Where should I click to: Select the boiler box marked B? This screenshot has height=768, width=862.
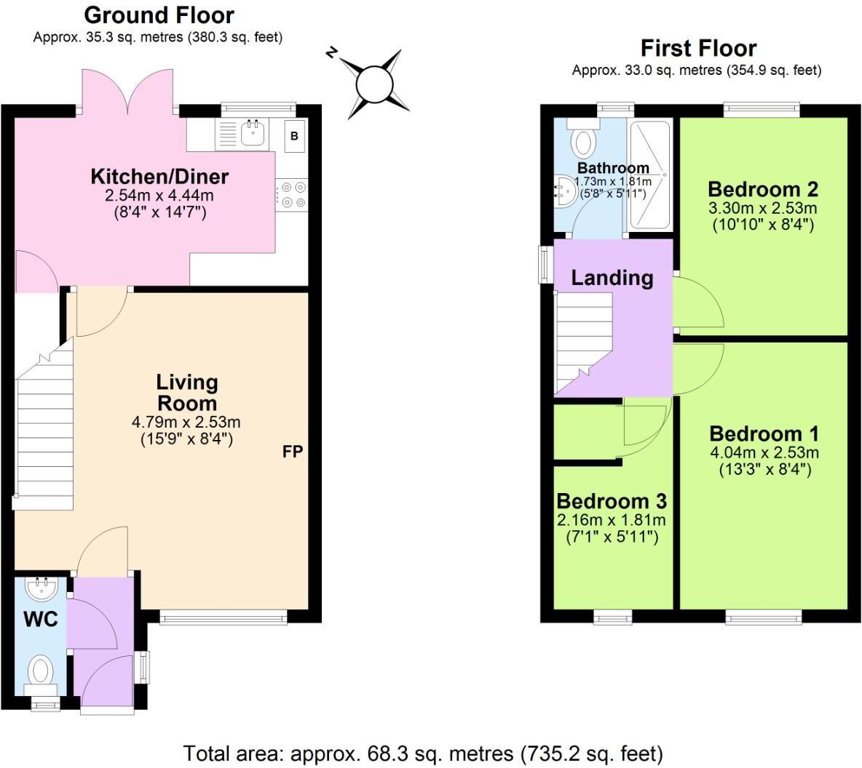click(x=294, y=136)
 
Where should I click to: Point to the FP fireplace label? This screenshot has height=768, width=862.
click(x=292, y=452)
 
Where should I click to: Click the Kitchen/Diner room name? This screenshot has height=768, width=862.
click(x=159, y=177)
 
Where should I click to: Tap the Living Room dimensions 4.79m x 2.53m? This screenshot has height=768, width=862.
click(x=186, y=423)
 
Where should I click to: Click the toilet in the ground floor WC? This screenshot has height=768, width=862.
click(x=41, y=672)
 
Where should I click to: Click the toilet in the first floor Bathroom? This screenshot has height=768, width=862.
click(x=584, y=140)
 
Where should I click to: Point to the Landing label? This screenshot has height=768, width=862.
click(x=612, y=277)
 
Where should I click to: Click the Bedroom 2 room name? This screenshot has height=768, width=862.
click(x=762, y=190)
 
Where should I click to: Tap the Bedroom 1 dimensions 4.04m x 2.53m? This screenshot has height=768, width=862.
click(x=763, y=453)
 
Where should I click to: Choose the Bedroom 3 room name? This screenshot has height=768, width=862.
click(x=612, y=502)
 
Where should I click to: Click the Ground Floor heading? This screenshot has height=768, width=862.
click(x=159, y=15)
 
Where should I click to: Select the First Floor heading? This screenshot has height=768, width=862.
click(x=697, y=49)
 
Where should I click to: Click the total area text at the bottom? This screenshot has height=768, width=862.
click(x=422, y=752)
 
